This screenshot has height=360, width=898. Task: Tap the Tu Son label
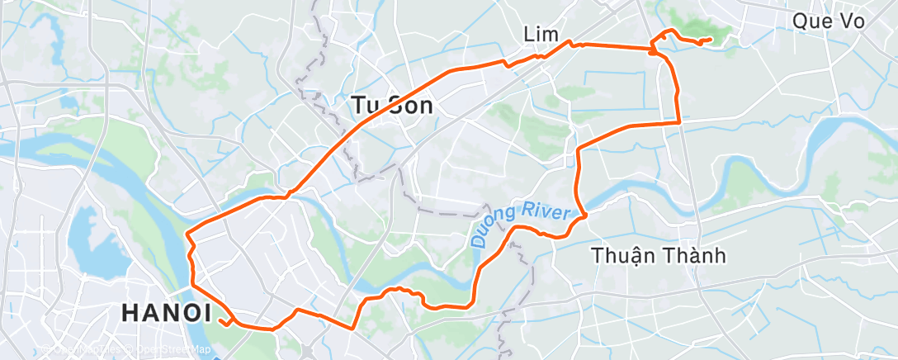pyautogui.click(x=393, y=105)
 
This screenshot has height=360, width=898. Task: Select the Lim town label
pyautogui.click(x=541, y=34)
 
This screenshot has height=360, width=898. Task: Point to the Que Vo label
pyautogui.click(x=828, y=21)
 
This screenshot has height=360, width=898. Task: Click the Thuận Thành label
pyautogui.click(x=659, y=256)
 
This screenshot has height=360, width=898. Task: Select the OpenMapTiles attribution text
pyautogui.click(x=83, y=351)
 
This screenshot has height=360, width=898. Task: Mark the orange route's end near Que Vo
pyautogui.click(x=711, y=39)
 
